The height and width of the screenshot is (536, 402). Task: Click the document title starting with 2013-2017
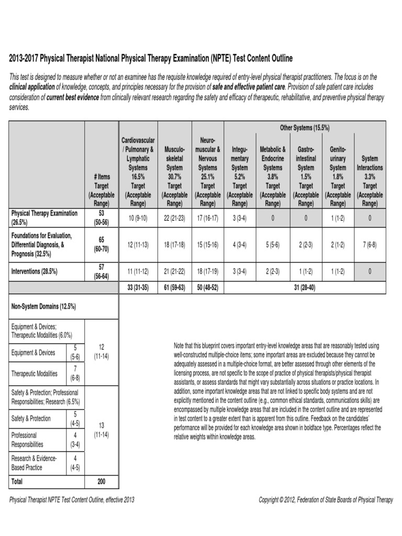click(151, 58)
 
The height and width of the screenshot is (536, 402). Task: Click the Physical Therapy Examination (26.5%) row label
click(45, 217)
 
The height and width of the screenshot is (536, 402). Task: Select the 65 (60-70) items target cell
click(101, 243)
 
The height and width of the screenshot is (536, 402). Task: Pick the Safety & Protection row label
click(31, 418)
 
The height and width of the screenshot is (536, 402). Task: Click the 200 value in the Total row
click(101, 481)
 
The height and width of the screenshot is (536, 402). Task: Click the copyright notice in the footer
click(326, 500)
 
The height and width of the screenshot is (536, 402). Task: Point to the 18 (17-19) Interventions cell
click(208, 272)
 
